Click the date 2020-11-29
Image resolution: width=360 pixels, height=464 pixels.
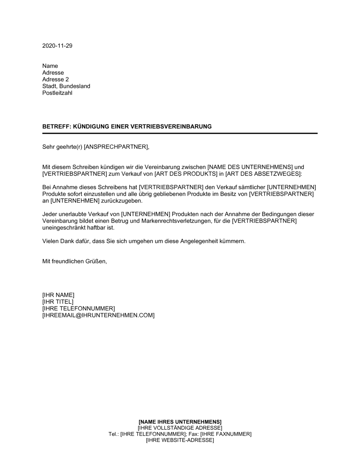(x=57, y=46)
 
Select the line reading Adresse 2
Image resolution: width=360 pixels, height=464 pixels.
(x=55, y=79)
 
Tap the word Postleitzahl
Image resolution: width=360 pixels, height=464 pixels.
(x=57, y=93)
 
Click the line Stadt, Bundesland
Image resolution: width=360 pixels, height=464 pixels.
(x=66, y=86)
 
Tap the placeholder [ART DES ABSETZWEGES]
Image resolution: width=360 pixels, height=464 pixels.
(x=263, y=174)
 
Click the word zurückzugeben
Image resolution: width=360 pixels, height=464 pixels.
(x=120, y=201)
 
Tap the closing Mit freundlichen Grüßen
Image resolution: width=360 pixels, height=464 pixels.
(x=75, y=261)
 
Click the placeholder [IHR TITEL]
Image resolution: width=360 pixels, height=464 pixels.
(x=58, y=301)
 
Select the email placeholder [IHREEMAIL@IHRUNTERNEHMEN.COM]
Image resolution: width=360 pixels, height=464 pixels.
(x=98, y=315)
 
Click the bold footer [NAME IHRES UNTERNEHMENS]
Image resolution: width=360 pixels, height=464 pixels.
(x=180, y=421)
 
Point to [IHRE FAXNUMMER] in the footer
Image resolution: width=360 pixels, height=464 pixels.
(x=226, y=434)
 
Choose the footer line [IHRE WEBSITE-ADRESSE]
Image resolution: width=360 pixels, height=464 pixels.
(x=180, y=440)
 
